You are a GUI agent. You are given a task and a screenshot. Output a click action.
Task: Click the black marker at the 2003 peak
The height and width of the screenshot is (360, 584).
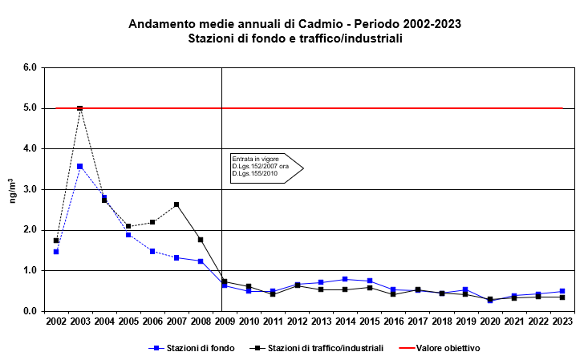(80, 108)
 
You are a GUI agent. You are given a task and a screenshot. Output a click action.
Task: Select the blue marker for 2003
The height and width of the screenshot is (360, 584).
(80, 166)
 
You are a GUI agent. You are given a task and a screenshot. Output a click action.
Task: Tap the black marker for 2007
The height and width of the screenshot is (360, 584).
(176, 204)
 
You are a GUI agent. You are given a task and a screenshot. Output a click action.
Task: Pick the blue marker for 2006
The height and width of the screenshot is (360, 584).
(152, 251)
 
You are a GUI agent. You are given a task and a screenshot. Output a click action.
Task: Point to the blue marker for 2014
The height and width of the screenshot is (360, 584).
(345, 279)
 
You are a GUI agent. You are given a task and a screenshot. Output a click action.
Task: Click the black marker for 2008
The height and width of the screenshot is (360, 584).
(201, 240)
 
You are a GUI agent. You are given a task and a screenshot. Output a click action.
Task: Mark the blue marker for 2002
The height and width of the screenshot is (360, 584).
(56, 252)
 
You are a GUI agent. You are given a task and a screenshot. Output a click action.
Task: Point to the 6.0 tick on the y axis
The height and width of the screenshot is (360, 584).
(30, 67)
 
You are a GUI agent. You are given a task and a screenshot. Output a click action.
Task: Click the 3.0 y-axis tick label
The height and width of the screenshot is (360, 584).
(30, 189)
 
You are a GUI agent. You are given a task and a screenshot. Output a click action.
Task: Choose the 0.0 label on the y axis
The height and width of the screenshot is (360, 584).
(30, 311)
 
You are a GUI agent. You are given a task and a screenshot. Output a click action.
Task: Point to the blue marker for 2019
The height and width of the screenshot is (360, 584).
(465, 289)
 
